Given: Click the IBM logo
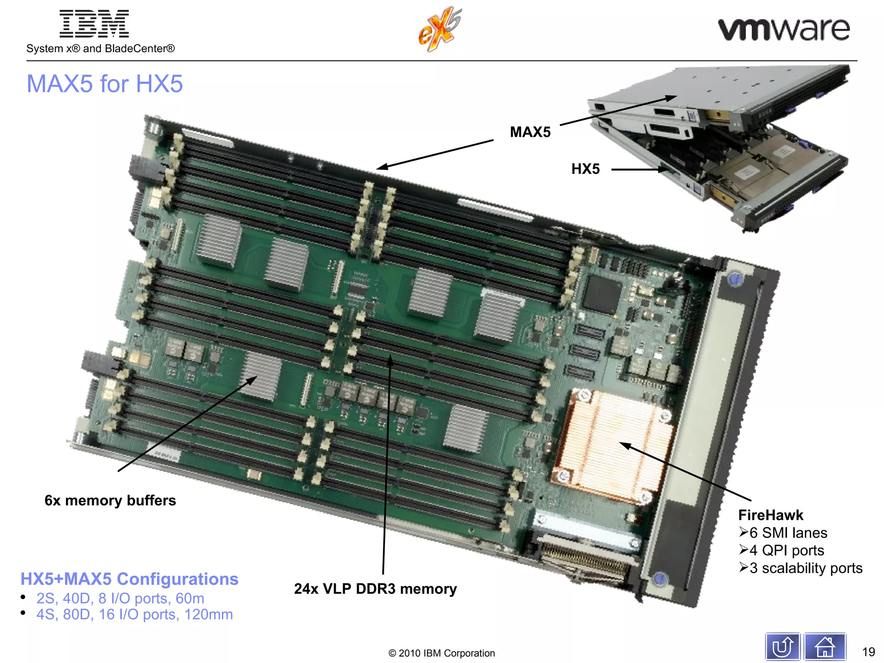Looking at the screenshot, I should tap(94, 24).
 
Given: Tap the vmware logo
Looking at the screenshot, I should tap(783, 29).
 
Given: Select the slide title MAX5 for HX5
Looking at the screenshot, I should tap(105, 84).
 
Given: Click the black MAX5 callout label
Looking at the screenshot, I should tap(530, 132).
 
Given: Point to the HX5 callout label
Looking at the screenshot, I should tap(585, 169).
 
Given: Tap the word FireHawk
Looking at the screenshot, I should tap(770, 515).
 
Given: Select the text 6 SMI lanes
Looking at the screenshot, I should tap(788, 533).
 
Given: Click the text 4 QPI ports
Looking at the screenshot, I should tap(786, 550).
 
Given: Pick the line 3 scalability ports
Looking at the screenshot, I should tap(805, 568).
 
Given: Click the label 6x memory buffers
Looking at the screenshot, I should tap(110, 500).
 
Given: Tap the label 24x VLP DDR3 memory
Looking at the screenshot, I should tap(375, 589).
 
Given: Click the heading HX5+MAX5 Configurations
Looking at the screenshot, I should tap(129, 579).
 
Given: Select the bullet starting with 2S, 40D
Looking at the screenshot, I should tap(120, 598).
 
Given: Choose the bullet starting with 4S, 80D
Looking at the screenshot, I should tap(134, 614).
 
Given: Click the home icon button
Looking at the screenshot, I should tap(824, 647).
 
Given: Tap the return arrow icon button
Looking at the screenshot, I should tap(782, 647).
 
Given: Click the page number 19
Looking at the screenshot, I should tap(868, 652).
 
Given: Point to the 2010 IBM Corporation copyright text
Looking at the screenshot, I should tap(442, 653).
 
